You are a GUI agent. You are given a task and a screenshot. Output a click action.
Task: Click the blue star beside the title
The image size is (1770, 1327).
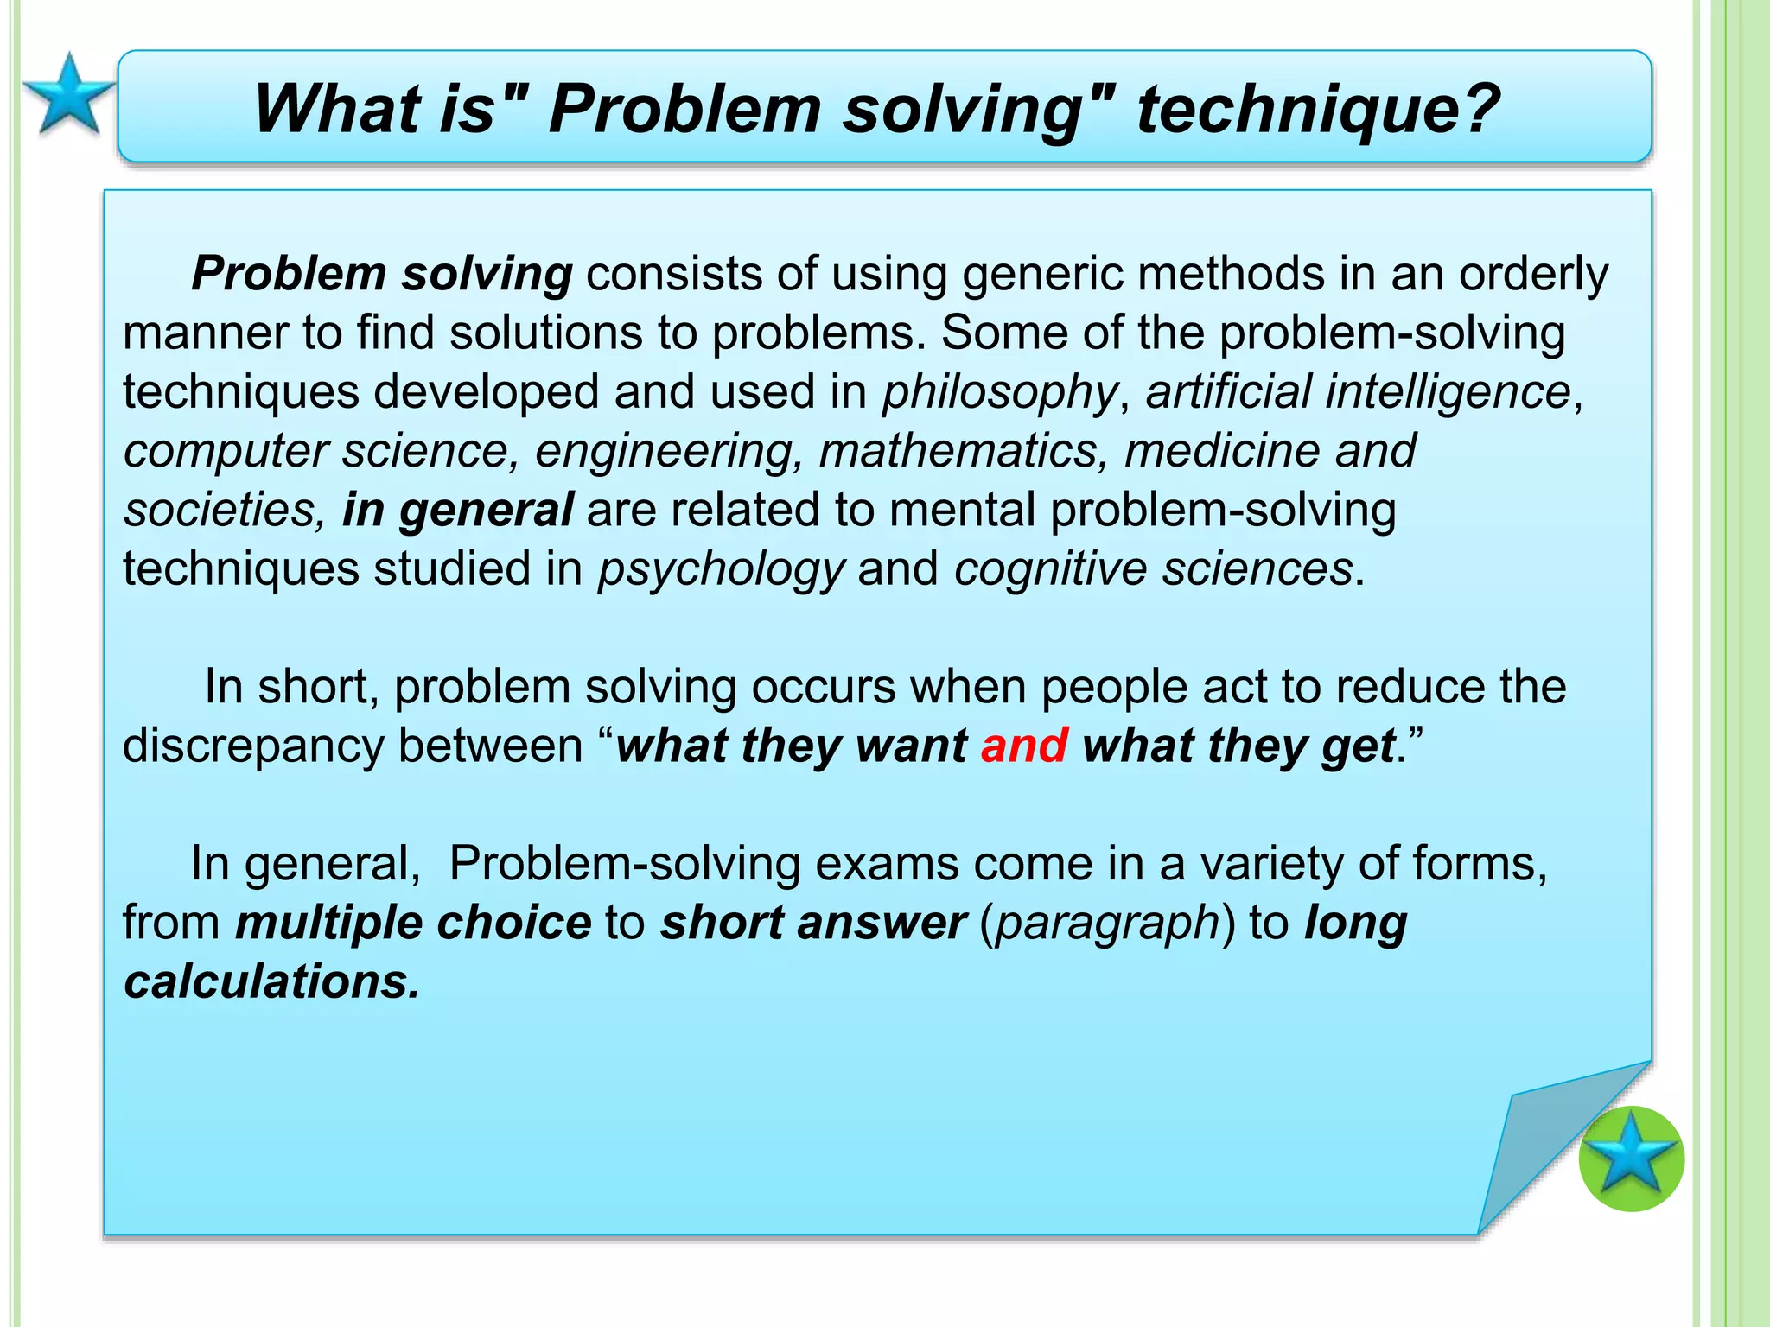(x=68, y=95)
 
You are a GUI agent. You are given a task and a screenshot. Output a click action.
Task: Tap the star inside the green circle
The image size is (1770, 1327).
(x=1631, y=1159)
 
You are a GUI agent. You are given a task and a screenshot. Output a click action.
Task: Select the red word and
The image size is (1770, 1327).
(x=1024, y=745)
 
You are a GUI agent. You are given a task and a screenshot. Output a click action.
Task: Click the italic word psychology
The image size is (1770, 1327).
(x=721, y=570)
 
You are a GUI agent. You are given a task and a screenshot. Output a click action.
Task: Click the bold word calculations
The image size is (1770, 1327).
(x=271, y=981)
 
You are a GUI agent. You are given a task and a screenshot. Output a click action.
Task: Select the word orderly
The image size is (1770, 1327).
(x=1533, y=275)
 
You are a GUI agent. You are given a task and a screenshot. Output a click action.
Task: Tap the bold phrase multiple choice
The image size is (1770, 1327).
(x=413, y=923)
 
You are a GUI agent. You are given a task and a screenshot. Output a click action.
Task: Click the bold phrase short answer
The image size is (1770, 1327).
(x=812, y=923)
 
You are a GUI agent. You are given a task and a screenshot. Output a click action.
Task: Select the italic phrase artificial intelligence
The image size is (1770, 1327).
(x=1358, y=391)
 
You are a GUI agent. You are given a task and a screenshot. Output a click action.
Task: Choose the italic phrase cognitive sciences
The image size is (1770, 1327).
(x=1153, y=569)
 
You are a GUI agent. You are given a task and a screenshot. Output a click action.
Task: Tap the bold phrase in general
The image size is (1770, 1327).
(x=457, y=510)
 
